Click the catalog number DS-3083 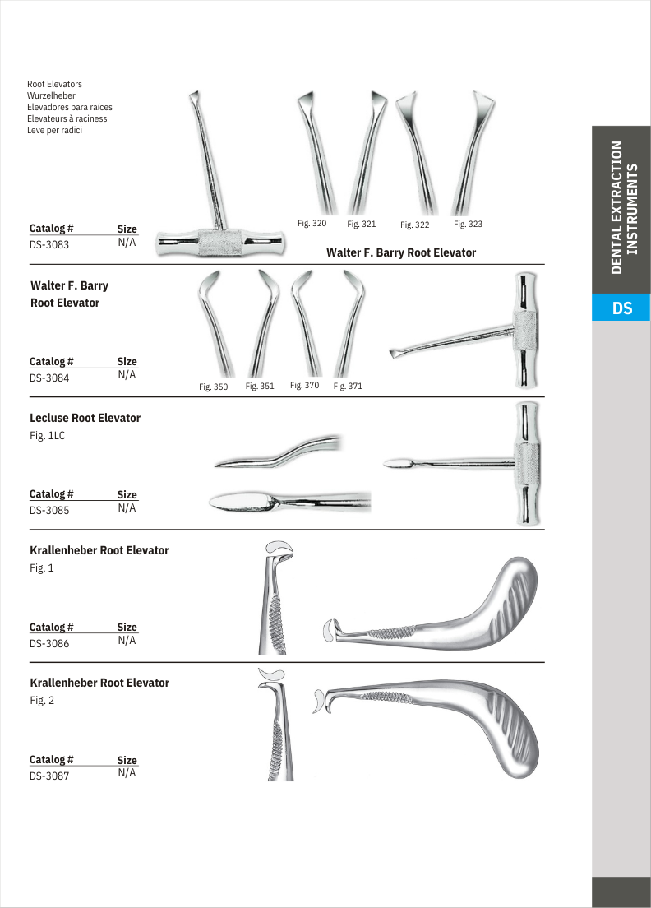click(x=50, y=244)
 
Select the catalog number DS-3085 click(x=50, y=510)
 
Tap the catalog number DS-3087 click(x=50, y=775)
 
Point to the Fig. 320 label click(x=312, y=223)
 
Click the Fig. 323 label click(x=468, y=224)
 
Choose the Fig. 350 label click(x=214, y=387)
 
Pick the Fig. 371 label click(x=348, y=386)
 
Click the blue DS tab click(x=621, y=308)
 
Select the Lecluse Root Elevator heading click(x=85, y=418)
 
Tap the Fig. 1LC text click(x=47, y=436)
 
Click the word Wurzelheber click(x=51, y=95)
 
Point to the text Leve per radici click(x=55, y=130)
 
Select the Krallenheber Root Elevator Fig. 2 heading click(x=99, y=683)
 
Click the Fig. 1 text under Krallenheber click(x=41, y=568)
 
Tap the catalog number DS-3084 click(x=50, y=378)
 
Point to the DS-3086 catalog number click(x=50, y=643)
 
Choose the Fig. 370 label click(x=304, y=385)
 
